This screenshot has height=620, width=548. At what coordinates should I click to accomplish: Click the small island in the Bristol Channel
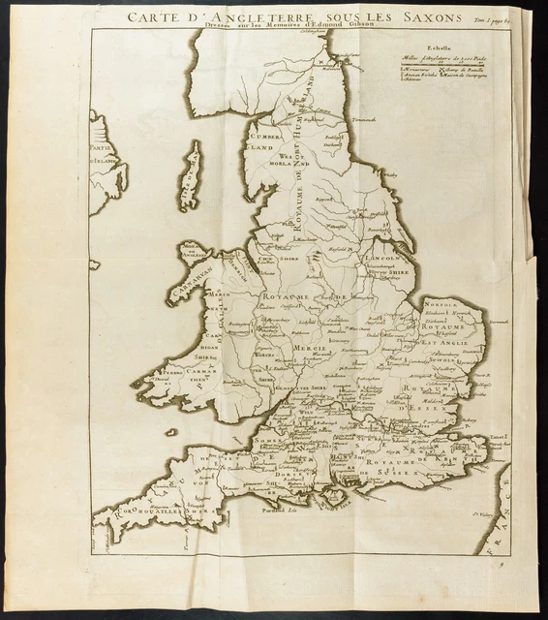tap(171, 433)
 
